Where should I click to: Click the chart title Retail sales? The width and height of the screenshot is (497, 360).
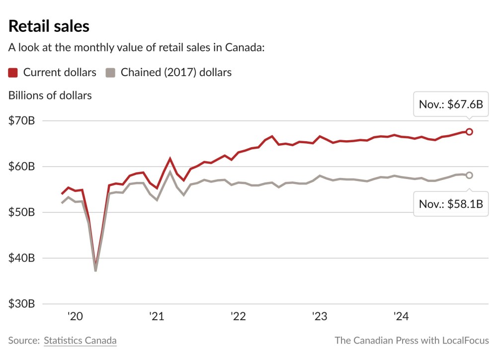click(x=49, y=26)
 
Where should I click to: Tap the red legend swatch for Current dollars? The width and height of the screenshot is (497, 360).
click(x=13, y=73)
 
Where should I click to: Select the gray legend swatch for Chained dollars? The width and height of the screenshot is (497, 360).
click(x=111, y=73)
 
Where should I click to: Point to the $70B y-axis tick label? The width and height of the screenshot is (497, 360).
click(x=21, y=121)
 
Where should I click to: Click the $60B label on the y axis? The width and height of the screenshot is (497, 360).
click(x=21, y=167)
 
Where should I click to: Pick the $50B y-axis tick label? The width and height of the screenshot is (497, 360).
click(x=21, y=212)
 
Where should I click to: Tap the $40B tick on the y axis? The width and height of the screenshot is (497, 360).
click(x=21, y=258)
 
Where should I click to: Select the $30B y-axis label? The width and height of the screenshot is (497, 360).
click(x=21, y=304)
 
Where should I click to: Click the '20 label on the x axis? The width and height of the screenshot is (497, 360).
click(x=75, y=317)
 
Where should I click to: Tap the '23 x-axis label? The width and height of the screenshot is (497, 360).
click(x=319, y=317)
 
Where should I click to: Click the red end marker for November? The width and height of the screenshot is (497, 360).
click(x=469, y=132)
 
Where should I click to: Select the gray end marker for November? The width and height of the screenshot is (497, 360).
click(x=469, y=175)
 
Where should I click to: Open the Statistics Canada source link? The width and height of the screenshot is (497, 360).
click(x=80, y=341)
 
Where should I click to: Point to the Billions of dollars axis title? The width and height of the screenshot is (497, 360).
click(x=50, y=95)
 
